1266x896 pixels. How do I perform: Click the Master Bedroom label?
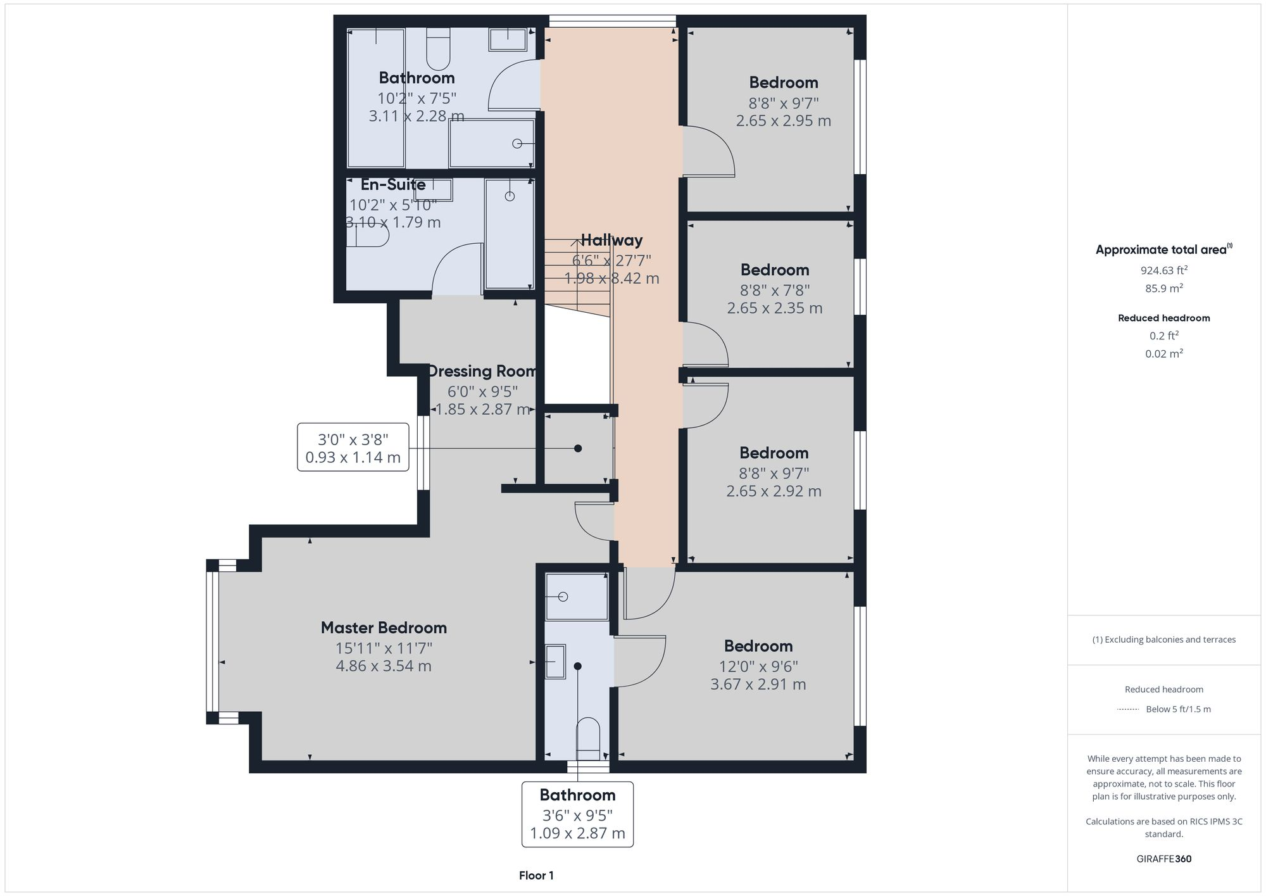tap(384, 628)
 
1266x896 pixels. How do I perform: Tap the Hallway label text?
tap(611, 240)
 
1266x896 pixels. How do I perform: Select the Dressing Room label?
tap(482, 371)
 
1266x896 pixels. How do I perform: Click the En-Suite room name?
tap(393, 184)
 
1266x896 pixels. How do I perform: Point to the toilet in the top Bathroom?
tap(438, 49)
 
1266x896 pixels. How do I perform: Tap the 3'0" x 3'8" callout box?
tap(353, 448)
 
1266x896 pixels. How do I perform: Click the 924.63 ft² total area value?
tap(1163, 270)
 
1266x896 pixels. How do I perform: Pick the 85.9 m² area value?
tap(1163, 288)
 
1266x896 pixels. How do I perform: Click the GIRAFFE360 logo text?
tap(1163, 859)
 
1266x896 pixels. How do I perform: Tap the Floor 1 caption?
tap(536, 876)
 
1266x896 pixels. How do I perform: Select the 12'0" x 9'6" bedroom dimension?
tap(758, 666)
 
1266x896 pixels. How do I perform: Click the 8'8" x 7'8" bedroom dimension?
tap(774, 290)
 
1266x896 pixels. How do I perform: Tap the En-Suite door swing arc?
tap(456, 269)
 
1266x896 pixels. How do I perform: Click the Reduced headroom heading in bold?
tap(1163, 318)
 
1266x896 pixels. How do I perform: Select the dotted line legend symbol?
tap(1128, 709)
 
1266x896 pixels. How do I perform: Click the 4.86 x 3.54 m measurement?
tap(384, 666)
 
